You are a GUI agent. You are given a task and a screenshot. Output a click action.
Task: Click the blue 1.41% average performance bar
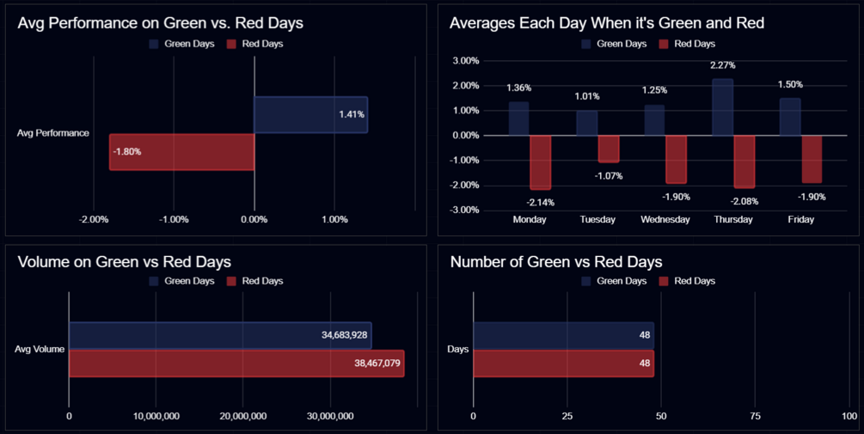pos(310,114)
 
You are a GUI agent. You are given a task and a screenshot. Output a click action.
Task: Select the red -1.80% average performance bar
pos(182,152)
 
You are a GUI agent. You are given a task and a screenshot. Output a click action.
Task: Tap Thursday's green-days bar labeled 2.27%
pos(722,107)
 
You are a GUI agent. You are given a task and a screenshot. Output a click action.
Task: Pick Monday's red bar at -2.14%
pos(540,162)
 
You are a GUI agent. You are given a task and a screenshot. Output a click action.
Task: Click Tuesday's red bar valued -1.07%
pos(608,149)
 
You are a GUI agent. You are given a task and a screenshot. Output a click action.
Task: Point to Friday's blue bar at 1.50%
pos(790,117)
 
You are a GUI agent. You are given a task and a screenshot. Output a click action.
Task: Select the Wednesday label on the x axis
pos(665,219)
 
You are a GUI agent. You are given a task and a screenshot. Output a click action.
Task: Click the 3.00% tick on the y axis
pos(465,61)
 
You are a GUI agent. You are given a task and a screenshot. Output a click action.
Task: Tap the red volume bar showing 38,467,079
pos(236,364)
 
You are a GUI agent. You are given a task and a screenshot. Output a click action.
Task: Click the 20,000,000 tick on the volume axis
pos(242,416)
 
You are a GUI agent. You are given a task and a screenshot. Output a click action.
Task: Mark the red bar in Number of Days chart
pos(563,364)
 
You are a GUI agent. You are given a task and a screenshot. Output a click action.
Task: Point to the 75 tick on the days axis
pos(755,416)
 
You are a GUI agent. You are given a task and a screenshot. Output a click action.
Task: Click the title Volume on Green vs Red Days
pos(124,262)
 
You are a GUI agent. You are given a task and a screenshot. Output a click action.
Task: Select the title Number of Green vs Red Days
pos(555,262)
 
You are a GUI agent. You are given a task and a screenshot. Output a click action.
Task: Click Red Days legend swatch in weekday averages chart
pos(663,44)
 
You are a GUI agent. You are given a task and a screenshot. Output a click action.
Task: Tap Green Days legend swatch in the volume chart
pos(153,281)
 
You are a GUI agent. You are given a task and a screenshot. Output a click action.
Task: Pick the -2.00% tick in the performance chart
pos(94,219)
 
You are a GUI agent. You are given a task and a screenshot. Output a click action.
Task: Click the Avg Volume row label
pos(40,349)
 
